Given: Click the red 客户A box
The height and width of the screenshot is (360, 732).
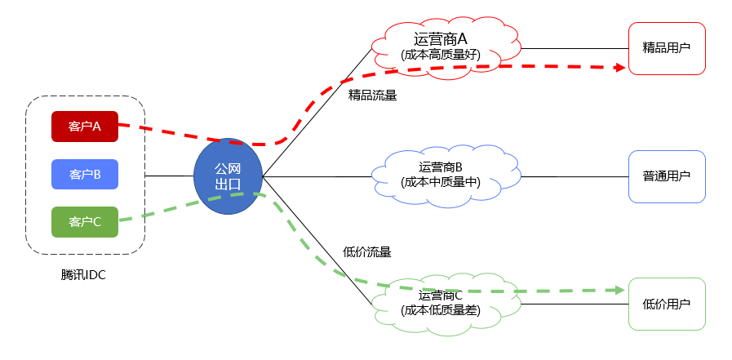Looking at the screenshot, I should [85, 127].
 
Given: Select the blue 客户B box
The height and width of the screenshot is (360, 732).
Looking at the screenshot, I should [85, 174].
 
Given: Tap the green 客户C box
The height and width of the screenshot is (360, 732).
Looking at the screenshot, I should [85, 221].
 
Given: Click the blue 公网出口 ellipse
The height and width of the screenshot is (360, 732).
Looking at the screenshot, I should [228, 176].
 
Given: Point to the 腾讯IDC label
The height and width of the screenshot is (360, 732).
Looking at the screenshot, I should [84, 275].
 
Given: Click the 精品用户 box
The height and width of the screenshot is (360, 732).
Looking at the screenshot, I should [667, 48].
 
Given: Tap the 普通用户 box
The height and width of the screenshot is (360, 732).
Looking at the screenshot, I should [667, 176].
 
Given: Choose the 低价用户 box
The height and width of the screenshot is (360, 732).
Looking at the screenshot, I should [667, 304].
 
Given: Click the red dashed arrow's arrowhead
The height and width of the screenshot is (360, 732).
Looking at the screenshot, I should [619, 70].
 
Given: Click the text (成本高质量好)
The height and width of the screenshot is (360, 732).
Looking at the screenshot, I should [441, 55].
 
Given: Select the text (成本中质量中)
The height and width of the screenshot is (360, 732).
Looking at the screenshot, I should [441, 182].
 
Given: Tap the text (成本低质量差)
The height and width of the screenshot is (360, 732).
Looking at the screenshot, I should [441, 310].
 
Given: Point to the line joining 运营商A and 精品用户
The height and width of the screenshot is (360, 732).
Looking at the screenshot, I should [574, 48].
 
